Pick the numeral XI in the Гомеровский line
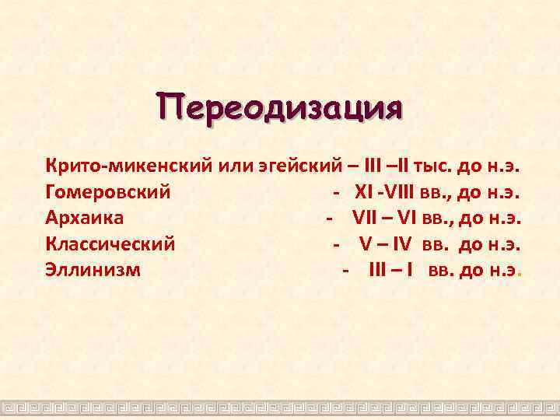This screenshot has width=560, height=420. (x=363, y=191)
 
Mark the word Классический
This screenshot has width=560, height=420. (x=110, y=244)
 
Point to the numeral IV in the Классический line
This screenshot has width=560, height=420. (x=402, y=244)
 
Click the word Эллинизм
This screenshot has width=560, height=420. (x=93, y=271)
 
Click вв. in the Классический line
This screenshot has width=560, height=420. (x=437, y=244)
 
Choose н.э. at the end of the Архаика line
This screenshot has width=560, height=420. (x=503, y=218)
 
